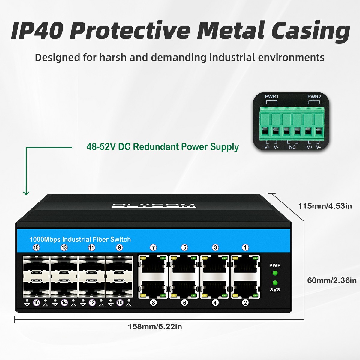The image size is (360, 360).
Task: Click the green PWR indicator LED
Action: [x=275, y=273]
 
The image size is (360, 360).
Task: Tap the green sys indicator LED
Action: [x=275, y=283]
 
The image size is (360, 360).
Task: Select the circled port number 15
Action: [x=36, y=247]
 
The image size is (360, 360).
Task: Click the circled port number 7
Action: [x=153, y=248]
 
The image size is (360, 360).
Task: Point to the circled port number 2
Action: [x=245, y=303]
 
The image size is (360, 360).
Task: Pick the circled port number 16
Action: [x=36, y=303]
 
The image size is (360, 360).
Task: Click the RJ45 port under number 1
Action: [x=245, y=264]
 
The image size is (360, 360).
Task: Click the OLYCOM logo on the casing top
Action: [x=154, y=206]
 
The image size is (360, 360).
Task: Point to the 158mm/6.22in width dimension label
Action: [x=155, y=327]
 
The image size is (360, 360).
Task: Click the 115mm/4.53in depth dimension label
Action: [x=325, y=206]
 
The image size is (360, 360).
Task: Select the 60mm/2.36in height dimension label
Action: [x=332, y=280]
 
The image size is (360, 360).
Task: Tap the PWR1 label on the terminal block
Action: [x=272, y=97]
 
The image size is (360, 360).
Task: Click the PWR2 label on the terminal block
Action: [x=314, y=97]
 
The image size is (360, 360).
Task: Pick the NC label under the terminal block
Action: [x=292, y=147]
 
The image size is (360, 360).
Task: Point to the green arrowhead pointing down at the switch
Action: [x=26, y=193]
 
